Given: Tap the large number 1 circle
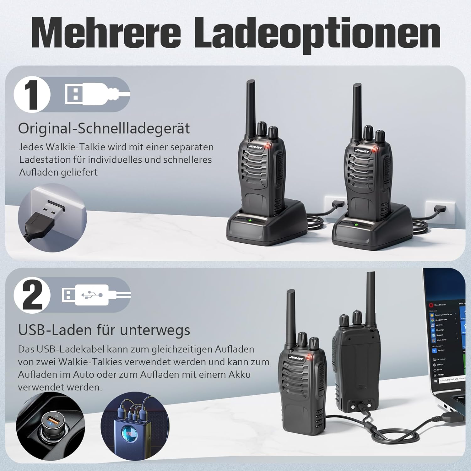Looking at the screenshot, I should (32, 95).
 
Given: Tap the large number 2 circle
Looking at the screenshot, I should (32, 295).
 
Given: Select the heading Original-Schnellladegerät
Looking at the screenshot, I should (104, 128).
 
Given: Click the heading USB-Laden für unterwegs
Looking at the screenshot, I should (104, 330).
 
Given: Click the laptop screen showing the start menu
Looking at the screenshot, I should (446, 339).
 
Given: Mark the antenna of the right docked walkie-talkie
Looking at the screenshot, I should (357, 110).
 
